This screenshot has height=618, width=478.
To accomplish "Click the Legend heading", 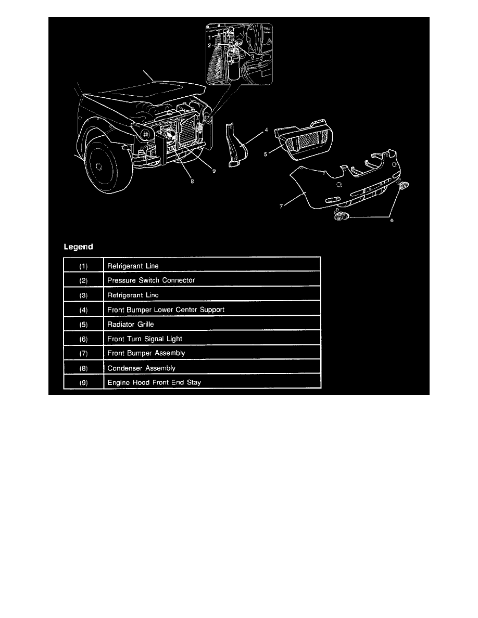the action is [x=78, y=246].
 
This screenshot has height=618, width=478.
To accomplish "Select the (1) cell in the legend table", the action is [x=83, y=266].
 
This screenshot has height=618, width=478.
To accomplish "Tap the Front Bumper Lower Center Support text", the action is [x=166, y=310].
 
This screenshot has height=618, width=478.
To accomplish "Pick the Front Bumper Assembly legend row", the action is [x=146, y=353].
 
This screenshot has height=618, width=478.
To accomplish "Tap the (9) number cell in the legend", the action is [x=83, y=382].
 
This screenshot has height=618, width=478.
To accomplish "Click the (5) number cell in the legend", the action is [x=83, y=324].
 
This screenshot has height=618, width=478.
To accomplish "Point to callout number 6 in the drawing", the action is [x=392, y=220].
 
